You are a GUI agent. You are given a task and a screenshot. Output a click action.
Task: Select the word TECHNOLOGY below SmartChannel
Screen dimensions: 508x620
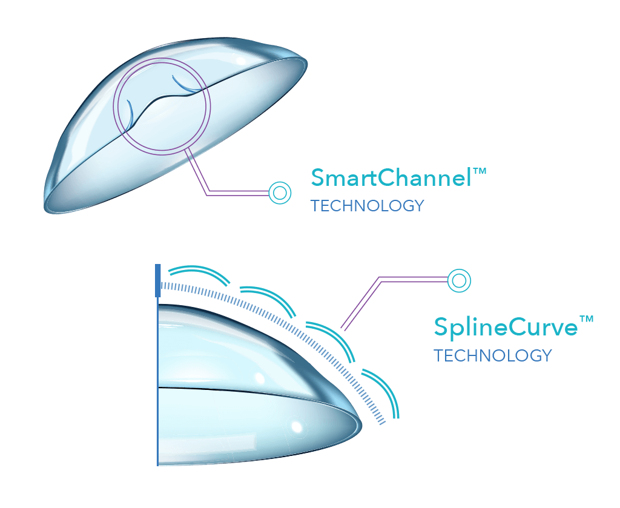367,206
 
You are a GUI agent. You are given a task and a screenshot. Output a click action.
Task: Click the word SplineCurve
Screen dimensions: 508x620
506,327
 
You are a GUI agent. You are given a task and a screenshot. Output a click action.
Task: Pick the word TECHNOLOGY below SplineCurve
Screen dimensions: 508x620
492,355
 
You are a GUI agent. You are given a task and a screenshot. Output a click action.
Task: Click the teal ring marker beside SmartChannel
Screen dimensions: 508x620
280,193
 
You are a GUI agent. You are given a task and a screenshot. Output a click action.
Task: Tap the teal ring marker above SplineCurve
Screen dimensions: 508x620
459,280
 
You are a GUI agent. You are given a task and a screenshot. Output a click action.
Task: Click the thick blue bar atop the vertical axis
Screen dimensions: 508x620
158,280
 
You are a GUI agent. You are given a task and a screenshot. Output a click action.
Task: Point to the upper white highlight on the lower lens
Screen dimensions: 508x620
259,378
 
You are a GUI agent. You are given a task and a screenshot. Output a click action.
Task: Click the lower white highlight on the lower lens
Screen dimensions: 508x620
296,426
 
